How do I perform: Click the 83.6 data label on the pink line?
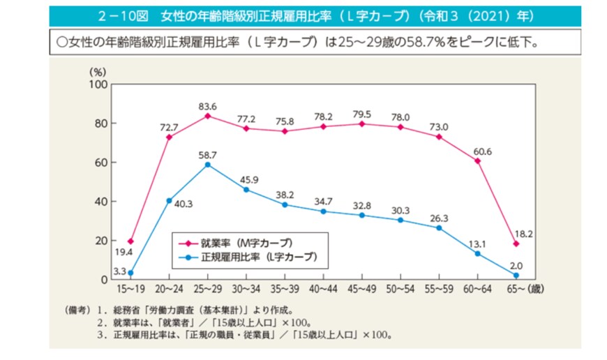click(x=207, y=106)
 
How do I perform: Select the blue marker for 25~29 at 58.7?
click(x=208, y=165)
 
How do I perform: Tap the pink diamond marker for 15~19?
click(x=130, y=241)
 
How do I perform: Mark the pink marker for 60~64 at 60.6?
click(x=478, y=161)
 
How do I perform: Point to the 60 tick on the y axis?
click(x=100, y=163)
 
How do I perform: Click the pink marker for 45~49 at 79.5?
click(x=362, y=124)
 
